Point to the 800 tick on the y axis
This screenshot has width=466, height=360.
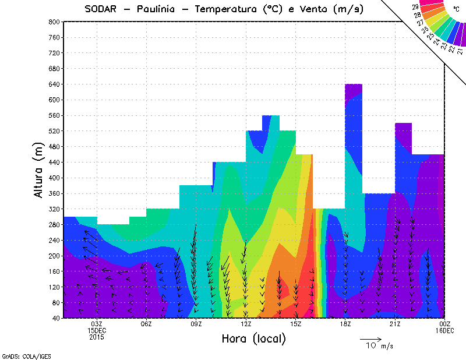click(x=54, y=22)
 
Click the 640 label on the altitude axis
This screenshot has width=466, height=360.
click(x=54, y=84)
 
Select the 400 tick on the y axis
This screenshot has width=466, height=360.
click(x=54, y=178)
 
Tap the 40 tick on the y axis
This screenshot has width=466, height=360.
click(x=55, y=318)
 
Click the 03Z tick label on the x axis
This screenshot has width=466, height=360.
click(x=97, y=324)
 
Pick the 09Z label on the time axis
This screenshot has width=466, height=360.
click(x=196, y=324)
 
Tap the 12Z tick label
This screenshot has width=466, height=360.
click(x=246, y=324)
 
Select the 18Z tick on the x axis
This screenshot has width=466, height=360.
click(x=345, y=324)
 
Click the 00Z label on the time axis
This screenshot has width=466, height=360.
click(x=445, y=324)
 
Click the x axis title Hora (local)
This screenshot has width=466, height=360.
click(x=254, y=338)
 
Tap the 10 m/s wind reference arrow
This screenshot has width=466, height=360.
click(x=370, y=338)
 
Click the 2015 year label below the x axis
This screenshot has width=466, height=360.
click(x=97, y=337)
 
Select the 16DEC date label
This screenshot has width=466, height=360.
click(x=445, y=330)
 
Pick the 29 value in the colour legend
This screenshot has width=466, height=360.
click(x=415, y=6)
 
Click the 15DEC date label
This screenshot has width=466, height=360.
click(x=97, y=330)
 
